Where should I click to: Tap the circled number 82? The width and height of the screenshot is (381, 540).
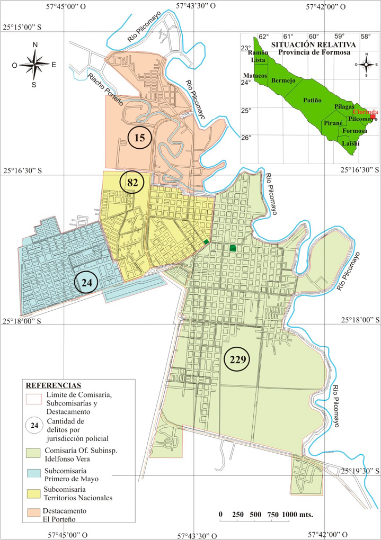coord(132,183)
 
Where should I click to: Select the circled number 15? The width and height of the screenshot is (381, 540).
coord(140,138)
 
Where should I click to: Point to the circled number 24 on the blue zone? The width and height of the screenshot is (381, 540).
coord(87,283)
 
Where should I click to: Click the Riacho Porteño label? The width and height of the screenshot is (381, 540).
coord(106,89)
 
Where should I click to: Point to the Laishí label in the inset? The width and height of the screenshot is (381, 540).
coord(350,143)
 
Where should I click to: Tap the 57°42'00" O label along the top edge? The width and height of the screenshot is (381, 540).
coord(326,7)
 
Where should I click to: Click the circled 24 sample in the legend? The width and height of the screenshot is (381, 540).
coord(34,425)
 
